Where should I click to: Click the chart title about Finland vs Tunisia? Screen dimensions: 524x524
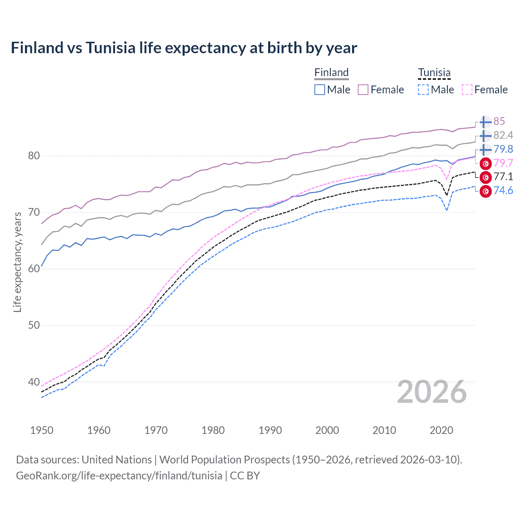point(184,48)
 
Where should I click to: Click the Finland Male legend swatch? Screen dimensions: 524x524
point(320,90)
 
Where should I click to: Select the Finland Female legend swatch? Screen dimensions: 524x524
point(363,90)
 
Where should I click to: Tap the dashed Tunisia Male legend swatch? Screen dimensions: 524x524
point(423,90)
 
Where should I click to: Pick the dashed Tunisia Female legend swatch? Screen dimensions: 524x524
point(467,90)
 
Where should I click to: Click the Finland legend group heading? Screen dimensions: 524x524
point(331,73)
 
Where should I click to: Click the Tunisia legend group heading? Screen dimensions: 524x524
point(434,73)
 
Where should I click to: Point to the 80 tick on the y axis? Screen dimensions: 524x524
point(34,156)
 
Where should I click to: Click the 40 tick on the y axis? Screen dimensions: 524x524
point(34,382)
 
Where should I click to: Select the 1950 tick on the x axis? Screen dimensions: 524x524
point(42,430)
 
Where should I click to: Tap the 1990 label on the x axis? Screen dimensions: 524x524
point(270,430)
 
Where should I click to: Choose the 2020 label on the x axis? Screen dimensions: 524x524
point(441,430)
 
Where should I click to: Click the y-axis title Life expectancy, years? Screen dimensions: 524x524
point(17,262)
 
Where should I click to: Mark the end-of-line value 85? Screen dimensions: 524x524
point(499,121)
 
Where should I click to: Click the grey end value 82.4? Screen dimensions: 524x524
point(503,135)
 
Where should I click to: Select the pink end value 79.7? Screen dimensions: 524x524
point(503,163)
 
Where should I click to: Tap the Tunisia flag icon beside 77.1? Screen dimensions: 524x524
point(486,177)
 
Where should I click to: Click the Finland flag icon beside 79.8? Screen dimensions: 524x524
point(486,149)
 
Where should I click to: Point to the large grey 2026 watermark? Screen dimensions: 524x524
point(431,392)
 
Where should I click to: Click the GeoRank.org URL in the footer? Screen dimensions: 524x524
point(119,476)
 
